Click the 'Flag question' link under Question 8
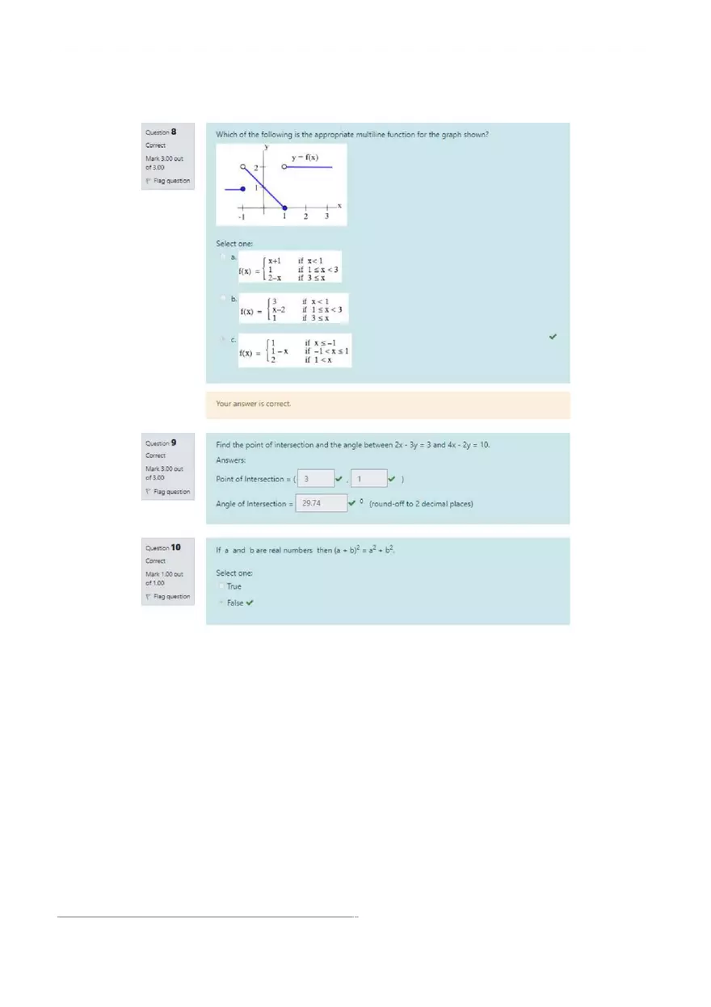coord(170,181)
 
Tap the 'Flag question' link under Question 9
coord(170,492)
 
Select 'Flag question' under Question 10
coord(170,597)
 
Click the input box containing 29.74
coord(321,503)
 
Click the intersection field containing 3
coord(315,479)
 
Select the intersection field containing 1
coord(368,479)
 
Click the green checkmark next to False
coord(250,602)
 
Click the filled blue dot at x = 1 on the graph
coord(284,208)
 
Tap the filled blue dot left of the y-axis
coord(242,189)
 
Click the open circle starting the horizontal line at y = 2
coord(284,167)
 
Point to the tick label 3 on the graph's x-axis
coord(326,216)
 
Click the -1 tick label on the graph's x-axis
coord(241,217)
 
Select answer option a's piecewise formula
coord(288,269)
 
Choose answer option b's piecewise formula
coord(292,309)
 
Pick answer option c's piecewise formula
coord(294,350)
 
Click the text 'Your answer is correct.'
coord(254,404)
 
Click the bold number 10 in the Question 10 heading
coord(176,548)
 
